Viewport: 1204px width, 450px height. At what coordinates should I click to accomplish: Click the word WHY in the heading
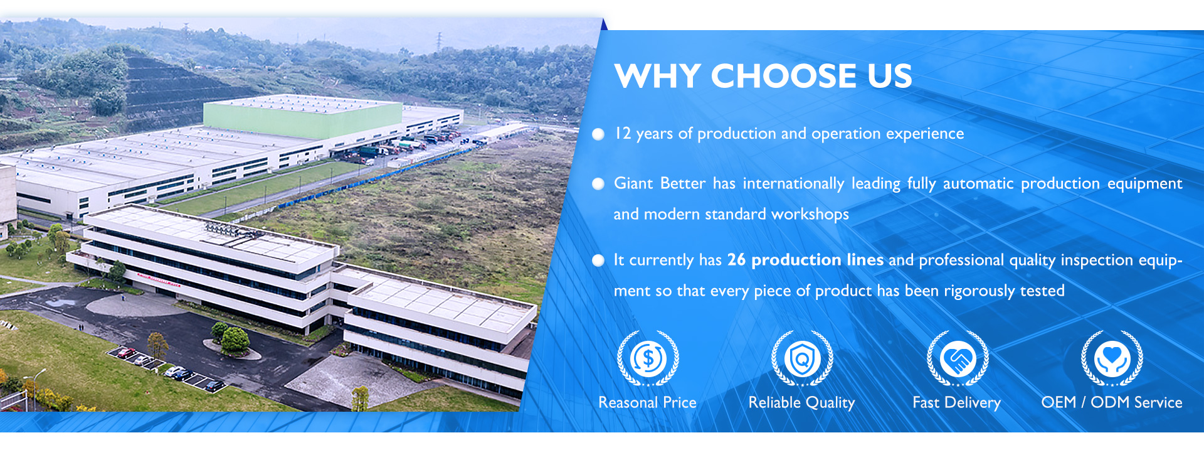point(657,76)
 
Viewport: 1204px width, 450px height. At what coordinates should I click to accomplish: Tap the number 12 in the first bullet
point(623,133)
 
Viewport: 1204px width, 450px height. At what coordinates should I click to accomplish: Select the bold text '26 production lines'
point(805,260)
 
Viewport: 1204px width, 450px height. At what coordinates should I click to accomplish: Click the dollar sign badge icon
point(648,358)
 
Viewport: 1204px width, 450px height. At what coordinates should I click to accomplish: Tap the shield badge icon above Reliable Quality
point(802,358)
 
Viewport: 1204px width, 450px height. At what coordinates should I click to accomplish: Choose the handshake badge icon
point(958,358)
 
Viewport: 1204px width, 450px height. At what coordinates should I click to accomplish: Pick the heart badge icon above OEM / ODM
point(1112,358)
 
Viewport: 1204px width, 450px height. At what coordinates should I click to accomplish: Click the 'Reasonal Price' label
point(647,402)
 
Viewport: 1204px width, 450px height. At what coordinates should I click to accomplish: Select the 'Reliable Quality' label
point(801,403)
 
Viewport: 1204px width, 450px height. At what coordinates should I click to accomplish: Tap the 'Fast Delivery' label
point(956,403)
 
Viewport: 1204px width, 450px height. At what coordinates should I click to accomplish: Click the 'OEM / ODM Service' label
point(1112,402)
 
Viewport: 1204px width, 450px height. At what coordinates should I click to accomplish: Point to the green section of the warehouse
point(303,119)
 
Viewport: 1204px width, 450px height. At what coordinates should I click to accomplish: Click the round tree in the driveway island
point(235,340)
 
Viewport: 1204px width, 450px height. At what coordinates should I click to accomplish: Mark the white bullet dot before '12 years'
point(598,134)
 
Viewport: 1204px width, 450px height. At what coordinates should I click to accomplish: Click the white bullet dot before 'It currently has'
point(598,260)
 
